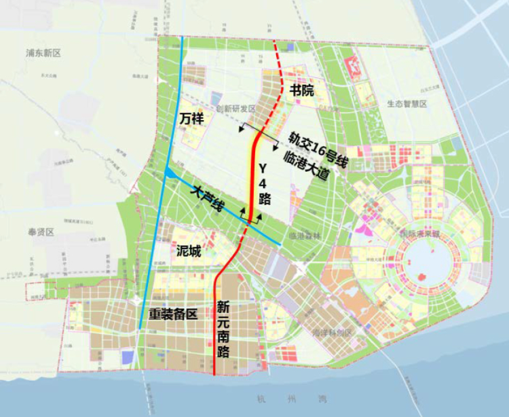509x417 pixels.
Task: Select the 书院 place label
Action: (303, 90)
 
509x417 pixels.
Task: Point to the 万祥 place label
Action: (192, 119)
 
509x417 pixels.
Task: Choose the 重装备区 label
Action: (172, 314)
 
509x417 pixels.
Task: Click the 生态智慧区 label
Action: (406, 104)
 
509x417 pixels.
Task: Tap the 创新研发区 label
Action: (235, 109)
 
